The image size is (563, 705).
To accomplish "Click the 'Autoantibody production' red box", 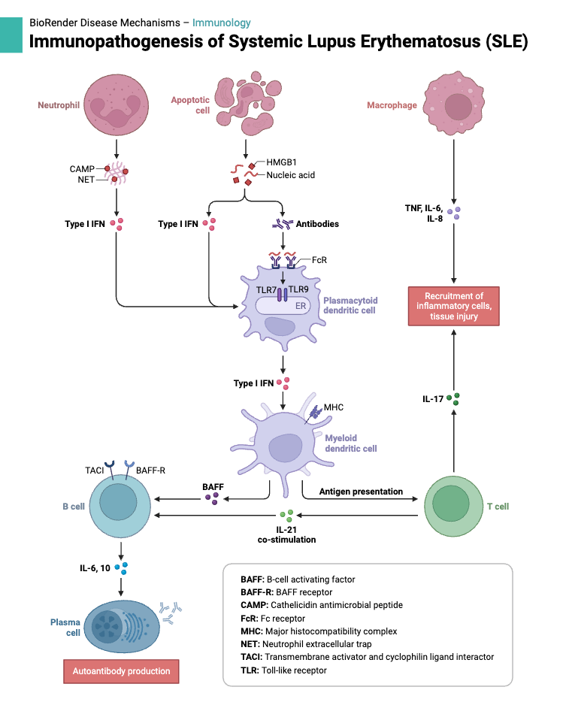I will (x=121, y=671).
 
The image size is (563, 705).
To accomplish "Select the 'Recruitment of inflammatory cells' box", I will (x=453, y=306).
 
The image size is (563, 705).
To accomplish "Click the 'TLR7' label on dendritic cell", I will (x=265, y=290).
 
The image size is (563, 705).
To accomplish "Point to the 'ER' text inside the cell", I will (x=300, y=306).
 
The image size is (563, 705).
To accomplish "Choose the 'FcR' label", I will (x=319, y=260).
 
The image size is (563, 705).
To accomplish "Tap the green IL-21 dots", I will (x=286, y=517).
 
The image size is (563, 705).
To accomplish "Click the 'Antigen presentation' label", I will (x=361, y=492).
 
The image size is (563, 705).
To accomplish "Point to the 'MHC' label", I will (x=333, y=407).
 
